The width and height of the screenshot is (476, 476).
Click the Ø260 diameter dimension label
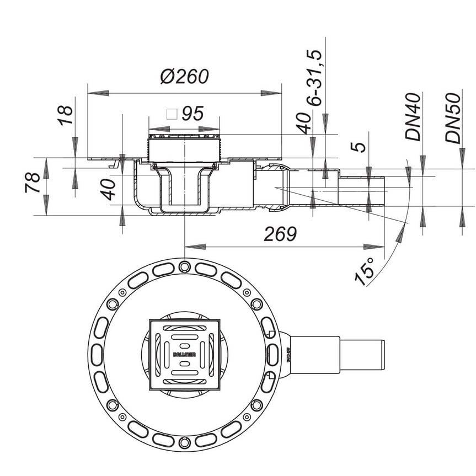pos(185,76)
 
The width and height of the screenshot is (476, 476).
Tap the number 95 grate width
pos(192,114)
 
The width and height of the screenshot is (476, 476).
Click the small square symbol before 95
pos(172,114)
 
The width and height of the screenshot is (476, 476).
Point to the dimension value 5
pos(359,147)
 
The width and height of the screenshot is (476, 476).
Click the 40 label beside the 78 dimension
pos(109,189)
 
